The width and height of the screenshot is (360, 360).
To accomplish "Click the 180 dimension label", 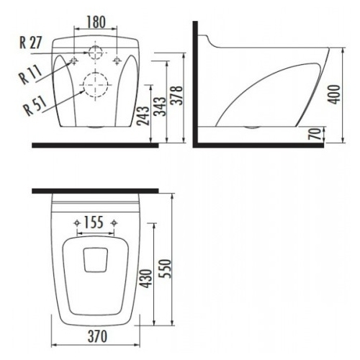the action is point(96,22).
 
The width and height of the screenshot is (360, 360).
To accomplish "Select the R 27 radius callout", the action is point(30,42).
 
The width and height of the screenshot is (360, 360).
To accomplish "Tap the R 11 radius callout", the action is point(30,75).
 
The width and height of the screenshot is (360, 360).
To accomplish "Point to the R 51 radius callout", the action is point(35,107).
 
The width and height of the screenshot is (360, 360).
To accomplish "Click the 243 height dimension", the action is point(143,116).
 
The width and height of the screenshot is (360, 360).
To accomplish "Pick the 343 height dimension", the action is point(160,107).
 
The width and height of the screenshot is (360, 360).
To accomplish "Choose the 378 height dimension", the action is point(176,95).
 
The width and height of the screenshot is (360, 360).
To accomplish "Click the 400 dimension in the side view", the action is point(334,94).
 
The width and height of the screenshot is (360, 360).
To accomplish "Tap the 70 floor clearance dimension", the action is point(315,134).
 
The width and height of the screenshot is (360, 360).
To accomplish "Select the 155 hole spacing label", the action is point(94,222).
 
